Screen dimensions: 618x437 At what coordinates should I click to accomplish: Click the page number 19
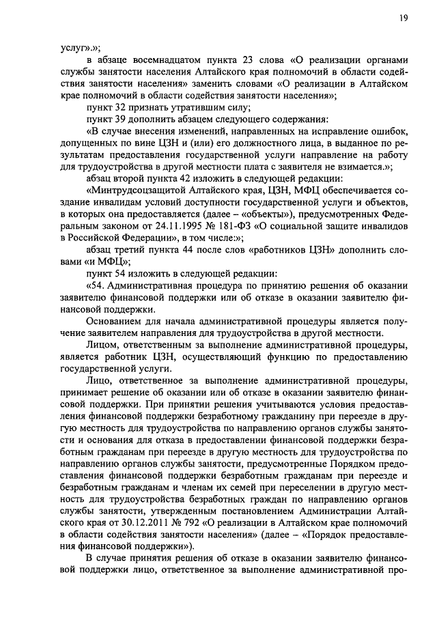pyautogui.click(x=404, y=18)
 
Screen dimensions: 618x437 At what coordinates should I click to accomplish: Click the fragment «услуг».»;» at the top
pyautogui.click(x=81, y=48)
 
